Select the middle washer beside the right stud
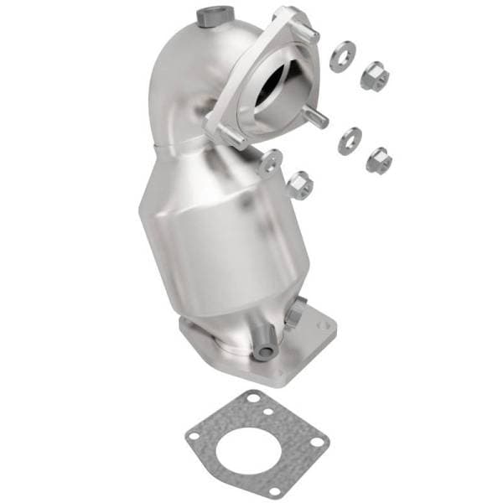[x=350, y=140]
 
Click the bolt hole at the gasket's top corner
[x=248, y=401]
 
